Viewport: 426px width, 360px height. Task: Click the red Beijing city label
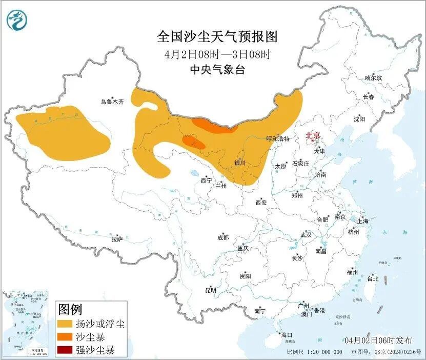(313, 135)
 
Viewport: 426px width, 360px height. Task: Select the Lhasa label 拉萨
(117, 238)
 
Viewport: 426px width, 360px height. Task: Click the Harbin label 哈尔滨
(373, 78)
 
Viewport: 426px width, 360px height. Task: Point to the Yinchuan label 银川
(239, 163)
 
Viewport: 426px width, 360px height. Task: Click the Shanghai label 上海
(363, 221)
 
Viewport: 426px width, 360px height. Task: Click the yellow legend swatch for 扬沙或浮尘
(65, 324)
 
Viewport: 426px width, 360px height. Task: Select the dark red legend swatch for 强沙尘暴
(65, 351)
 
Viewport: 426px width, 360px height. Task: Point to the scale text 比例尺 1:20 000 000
(314, 352)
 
